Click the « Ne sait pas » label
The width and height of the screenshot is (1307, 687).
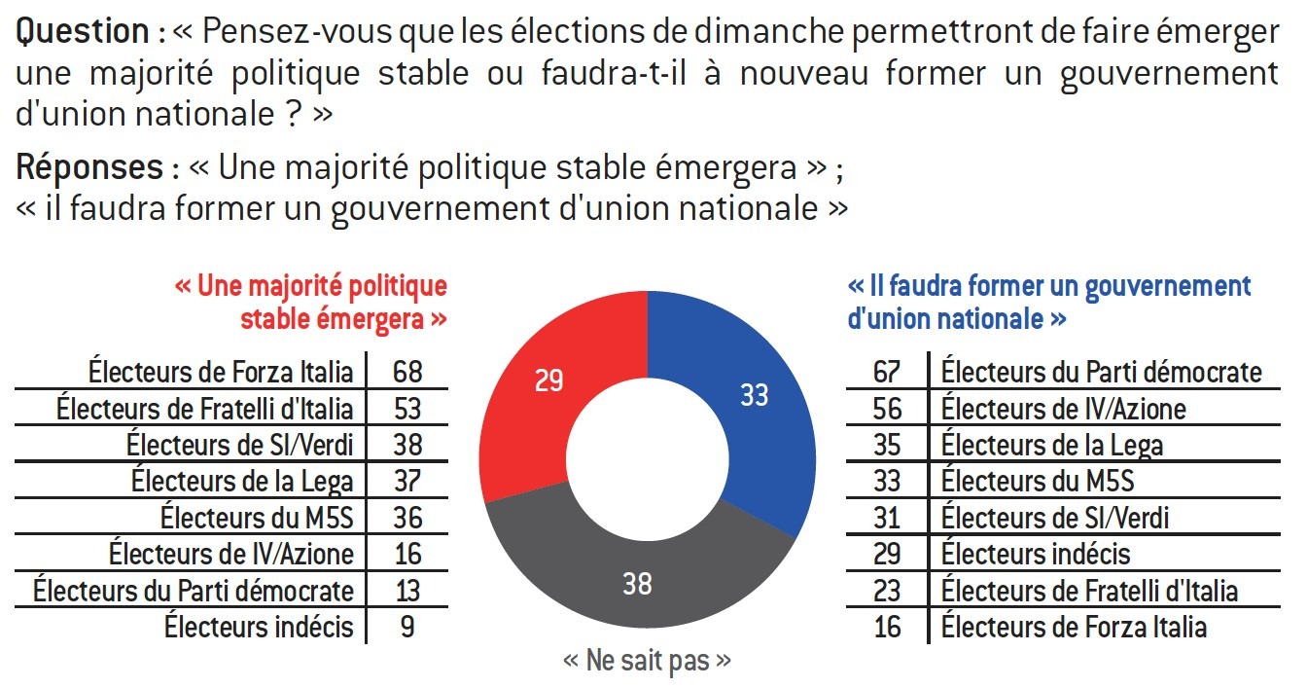point(647,662)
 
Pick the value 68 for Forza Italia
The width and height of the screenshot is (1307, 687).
point(407,371)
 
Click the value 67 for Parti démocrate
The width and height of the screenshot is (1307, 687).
point(887,371)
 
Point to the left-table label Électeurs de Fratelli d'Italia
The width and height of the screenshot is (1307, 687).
point(205,408)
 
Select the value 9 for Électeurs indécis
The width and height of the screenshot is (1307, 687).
point(407,627)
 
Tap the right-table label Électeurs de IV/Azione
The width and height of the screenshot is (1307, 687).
point(1064,408)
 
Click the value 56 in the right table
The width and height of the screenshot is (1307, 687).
point(887,408)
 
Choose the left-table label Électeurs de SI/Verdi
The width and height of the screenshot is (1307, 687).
point(240,445)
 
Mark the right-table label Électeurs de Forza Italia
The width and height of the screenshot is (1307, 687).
point(1074,627)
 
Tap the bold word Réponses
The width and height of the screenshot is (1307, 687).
point(89,168)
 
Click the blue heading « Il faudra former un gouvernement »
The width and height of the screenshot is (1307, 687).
point(1048,288)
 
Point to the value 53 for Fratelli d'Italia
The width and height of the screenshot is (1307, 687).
point(407,408)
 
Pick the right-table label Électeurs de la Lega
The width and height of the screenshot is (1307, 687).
point(1052,445)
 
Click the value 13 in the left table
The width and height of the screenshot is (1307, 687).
point(407,590)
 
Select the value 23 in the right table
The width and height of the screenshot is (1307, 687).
point(887,590)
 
